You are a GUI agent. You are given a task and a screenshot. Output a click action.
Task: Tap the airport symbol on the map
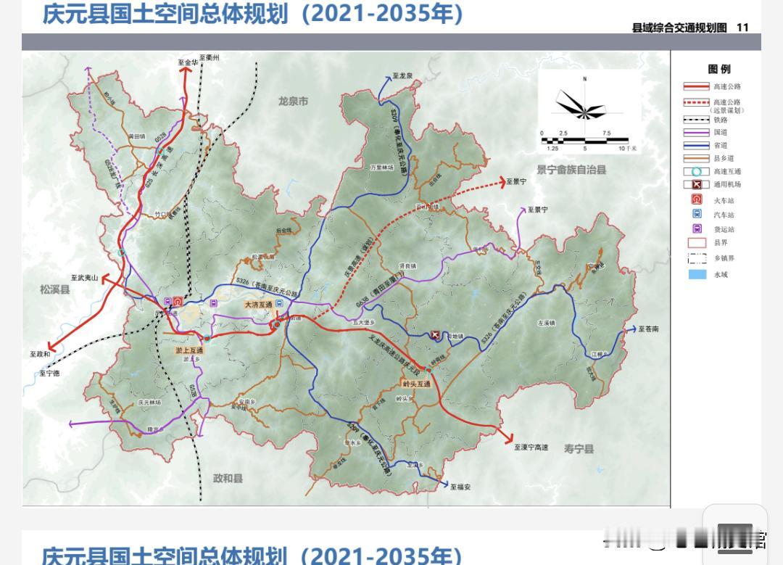coord(435,334)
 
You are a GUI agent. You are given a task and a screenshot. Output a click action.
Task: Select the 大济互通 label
coord(257,305)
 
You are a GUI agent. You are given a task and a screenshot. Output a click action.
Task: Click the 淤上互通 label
coord(189,350)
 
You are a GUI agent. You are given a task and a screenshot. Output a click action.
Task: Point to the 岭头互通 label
coord(417,384)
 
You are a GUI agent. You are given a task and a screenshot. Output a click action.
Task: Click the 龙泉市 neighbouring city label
coord(293,102)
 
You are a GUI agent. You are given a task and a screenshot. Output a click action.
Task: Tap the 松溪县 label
coord(55,289)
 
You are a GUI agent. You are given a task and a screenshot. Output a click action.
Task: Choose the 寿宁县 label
coord(579,449)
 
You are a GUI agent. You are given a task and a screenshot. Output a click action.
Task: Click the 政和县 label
coord(228,478)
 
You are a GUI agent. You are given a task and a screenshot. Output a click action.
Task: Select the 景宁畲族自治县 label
coord(571,170)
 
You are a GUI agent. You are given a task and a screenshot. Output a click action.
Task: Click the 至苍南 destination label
coord(649,329)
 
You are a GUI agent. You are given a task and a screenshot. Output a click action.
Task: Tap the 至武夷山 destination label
coord(84,277)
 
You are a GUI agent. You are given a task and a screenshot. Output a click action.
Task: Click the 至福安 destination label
coord(460,487)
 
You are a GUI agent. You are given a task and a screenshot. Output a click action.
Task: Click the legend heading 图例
coord(718,69)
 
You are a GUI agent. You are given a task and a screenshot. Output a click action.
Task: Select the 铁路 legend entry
coord(719,120)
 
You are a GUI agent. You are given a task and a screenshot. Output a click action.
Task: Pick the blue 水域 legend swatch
coord(697,274)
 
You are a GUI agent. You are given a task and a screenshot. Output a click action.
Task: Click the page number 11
coord(742,28)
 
